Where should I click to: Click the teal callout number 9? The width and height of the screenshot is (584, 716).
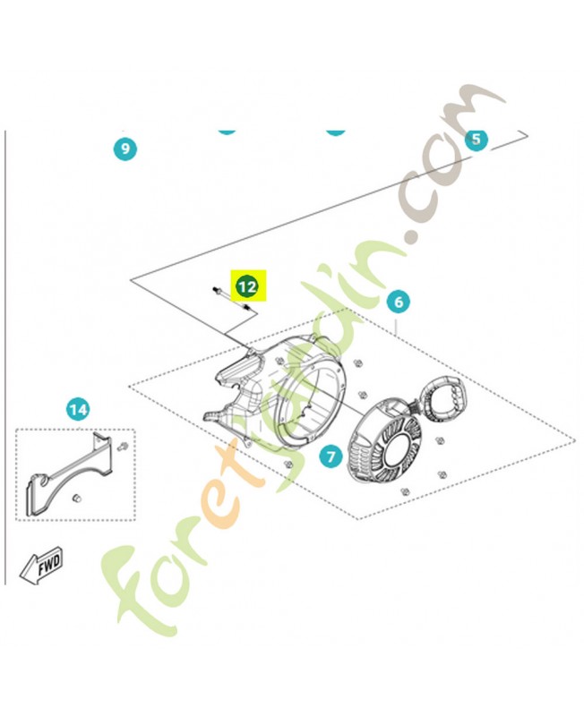125,149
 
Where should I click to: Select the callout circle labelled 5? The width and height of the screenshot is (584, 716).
477,139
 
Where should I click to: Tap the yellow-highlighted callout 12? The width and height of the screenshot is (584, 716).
247,286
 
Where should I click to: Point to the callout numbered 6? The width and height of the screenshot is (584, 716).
399,302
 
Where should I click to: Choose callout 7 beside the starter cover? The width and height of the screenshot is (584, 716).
331,456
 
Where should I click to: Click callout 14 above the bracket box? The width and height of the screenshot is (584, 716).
78,409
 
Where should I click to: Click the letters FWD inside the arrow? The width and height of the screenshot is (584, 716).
49,565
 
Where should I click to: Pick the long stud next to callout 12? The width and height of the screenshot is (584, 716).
232,299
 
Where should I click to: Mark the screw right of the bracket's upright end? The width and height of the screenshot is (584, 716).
122,446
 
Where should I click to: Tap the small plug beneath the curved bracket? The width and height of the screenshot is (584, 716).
77,498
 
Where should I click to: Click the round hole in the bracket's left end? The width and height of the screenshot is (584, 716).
42,481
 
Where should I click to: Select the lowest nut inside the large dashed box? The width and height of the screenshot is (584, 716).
404,491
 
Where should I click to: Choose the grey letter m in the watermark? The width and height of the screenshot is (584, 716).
476,119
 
